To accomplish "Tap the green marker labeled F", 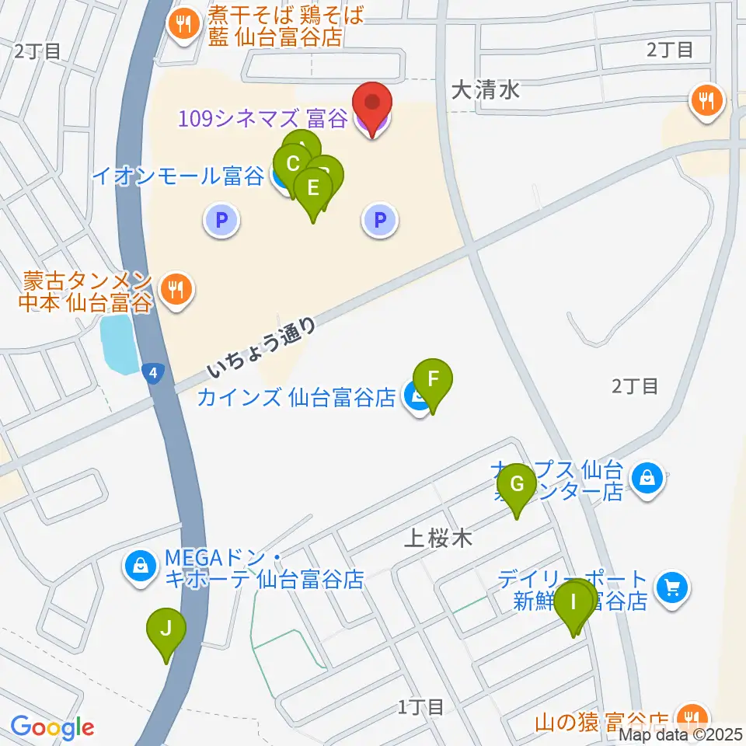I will (x=434, y=381).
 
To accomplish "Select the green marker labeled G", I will (x=517, y=485).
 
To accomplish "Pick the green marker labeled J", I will (x=166, y=629).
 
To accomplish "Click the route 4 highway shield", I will (x=155, y=374).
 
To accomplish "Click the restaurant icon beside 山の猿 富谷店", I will (x=689, y=716).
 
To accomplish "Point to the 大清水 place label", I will (x=486, y=91).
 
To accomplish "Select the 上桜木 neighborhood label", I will (x=438, y=538).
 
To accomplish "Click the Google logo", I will (x=53, y=727).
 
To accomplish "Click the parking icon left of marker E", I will (x=221, y=221).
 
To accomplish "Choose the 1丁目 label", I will (x=420, y=707).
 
